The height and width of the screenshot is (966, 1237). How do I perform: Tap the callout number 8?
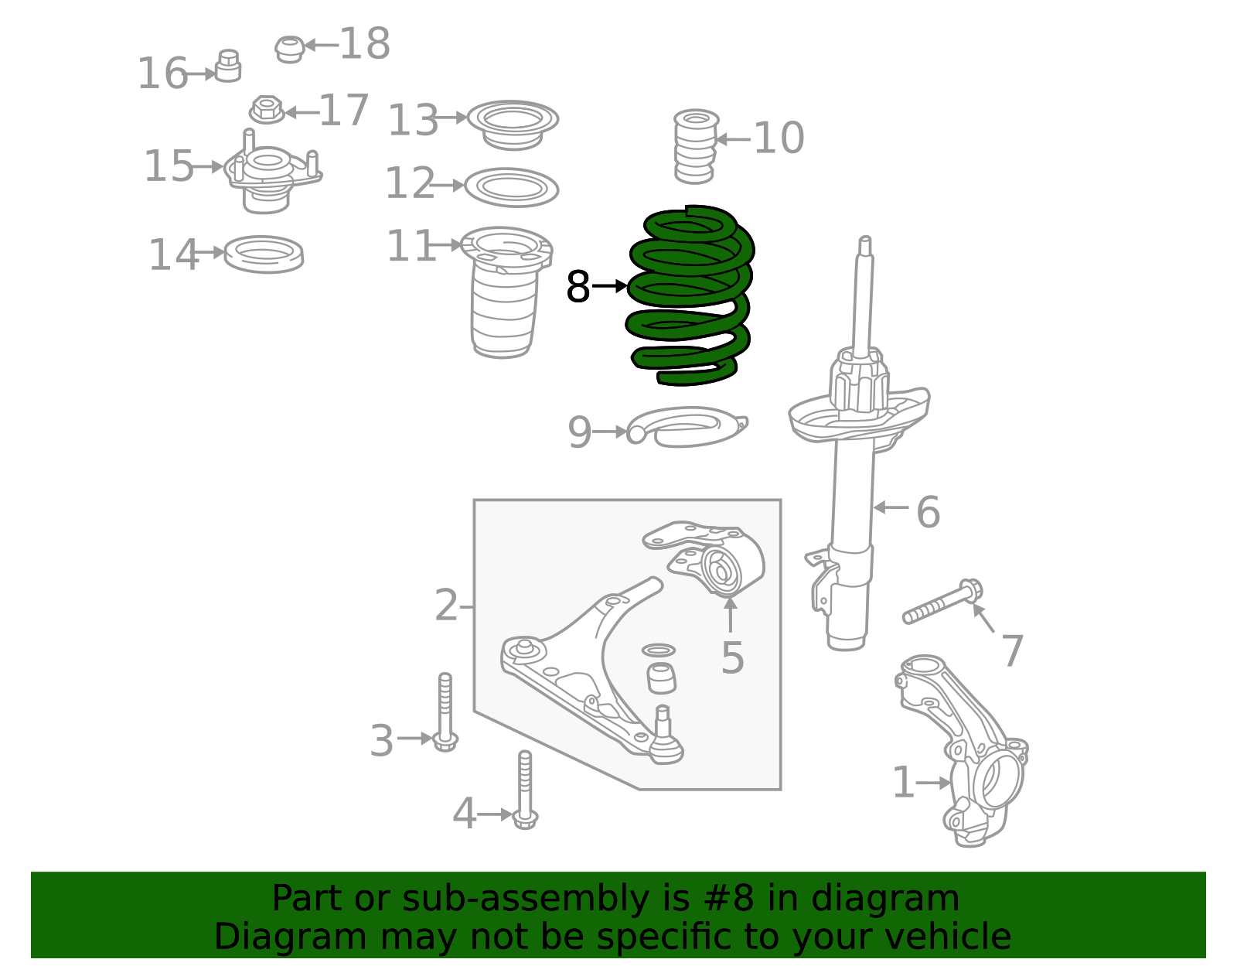point(578,287)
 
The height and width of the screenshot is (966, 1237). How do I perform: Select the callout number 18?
point(365,44)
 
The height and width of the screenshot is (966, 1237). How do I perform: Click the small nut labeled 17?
point(267,110)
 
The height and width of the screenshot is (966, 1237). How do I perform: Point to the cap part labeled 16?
point(228,67)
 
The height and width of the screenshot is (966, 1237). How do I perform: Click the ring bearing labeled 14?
point(264,254)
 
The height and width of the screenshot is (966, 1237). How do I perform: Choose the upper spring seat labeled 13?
point(513,124)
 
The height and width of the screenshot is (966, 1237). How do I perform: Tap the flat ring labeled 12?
point(511,188)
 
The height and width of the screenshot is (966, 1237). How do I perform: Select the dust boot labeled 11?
point(504,294)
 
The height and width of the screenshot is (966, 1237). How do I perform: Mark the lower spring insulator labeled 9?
point(684,428)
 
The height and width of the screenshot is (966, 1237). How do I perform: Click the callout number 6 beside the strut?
point(927,512)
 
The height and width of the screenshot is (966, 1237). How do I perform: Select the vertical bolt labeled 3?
point(445,712)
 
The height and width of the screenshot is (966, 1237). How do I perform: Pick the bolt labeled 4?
point(525,789)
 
